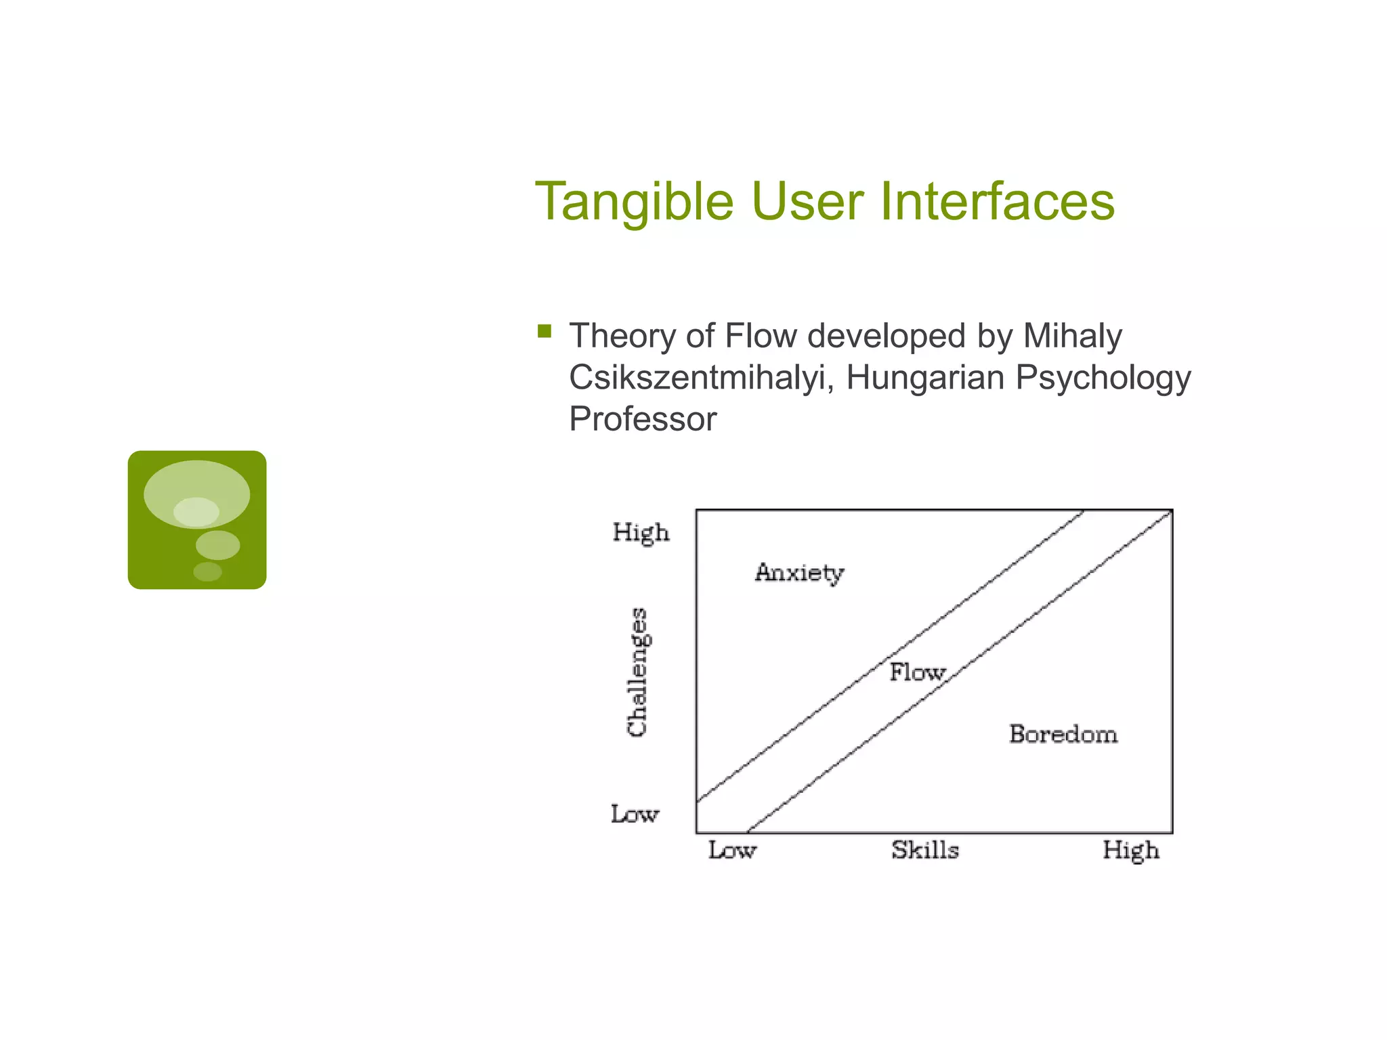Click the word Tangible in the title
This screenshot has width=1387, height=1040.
(x=634, y=202)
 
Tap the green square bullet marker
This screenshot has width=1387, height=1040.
(x=545, y=331)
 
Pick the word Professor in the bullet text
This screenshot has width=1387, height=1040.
(x=642, y=419)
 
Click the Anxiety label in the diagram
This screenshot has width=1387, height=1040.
(x=799, y=573)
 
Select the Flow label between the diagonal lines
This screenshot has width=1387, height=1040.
(x=916, y=672)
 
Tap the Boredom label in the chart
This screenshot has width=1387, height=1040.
(x=1063, y=735)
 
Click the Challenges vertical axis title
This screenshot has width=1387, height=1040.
(x=637, y=672)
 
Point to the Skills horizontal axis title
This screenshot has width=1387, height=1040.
(x=924, y=850)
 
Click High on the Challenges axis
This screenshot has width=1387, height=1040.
(x=641, y=533)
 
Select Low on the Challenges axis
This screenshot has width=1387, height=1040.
(x=635, y=814)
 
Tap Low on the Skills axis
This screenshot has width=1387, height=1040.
(x=732, y=850)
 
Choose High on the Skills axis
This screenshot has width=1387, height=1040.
(x=1130, y=850)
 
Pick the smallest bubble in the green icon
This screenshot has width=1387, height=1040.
(x=207, y=571)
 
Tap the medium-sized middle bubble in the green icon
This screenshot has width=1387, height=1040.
(x=217, y=545)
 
